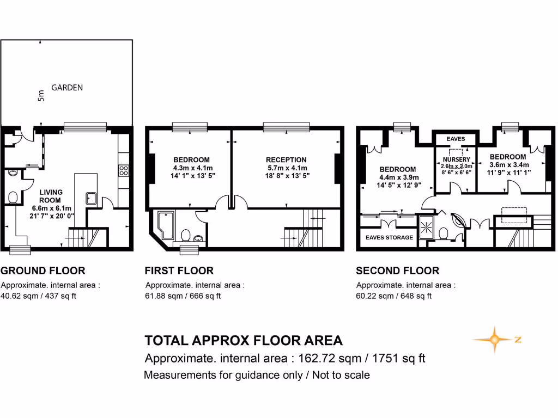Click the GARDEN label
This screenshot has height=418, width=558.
click(x=67, y=87)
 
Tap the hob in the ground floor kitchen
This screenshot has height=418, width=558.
click(x=123, y=170)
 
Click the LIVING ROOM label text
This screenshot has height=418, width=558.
click(x=51, y=196)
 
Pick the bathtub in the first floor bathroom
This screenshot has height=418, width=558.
click(x=165, y=224)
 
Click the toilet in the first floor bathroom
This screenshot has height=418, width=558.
click(x=185, y=235)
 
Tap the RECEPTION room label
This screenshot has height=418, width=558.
click(x=286, y=159)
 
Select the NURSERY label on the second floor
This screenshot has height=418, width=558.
click(x=456, y=159)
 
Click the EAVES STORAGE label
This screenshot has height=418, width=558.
click(x=389, y=237)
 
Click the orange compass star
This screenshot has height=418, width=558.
click(x=494, y=340)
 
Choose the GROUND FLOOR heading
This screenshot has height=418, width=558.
click(x=43, y=271)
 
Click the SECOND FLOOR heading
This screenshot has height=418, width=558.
click(x=397, y=271)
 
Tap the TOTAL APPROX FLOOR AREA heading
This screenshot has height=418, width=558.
click(x=244, y=341)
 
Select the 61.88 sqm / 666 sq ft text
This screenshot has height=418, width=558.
click(x=183, y=296)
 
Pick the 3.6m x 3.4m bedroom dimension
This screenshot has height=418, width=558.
click(x=508, y=164)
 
